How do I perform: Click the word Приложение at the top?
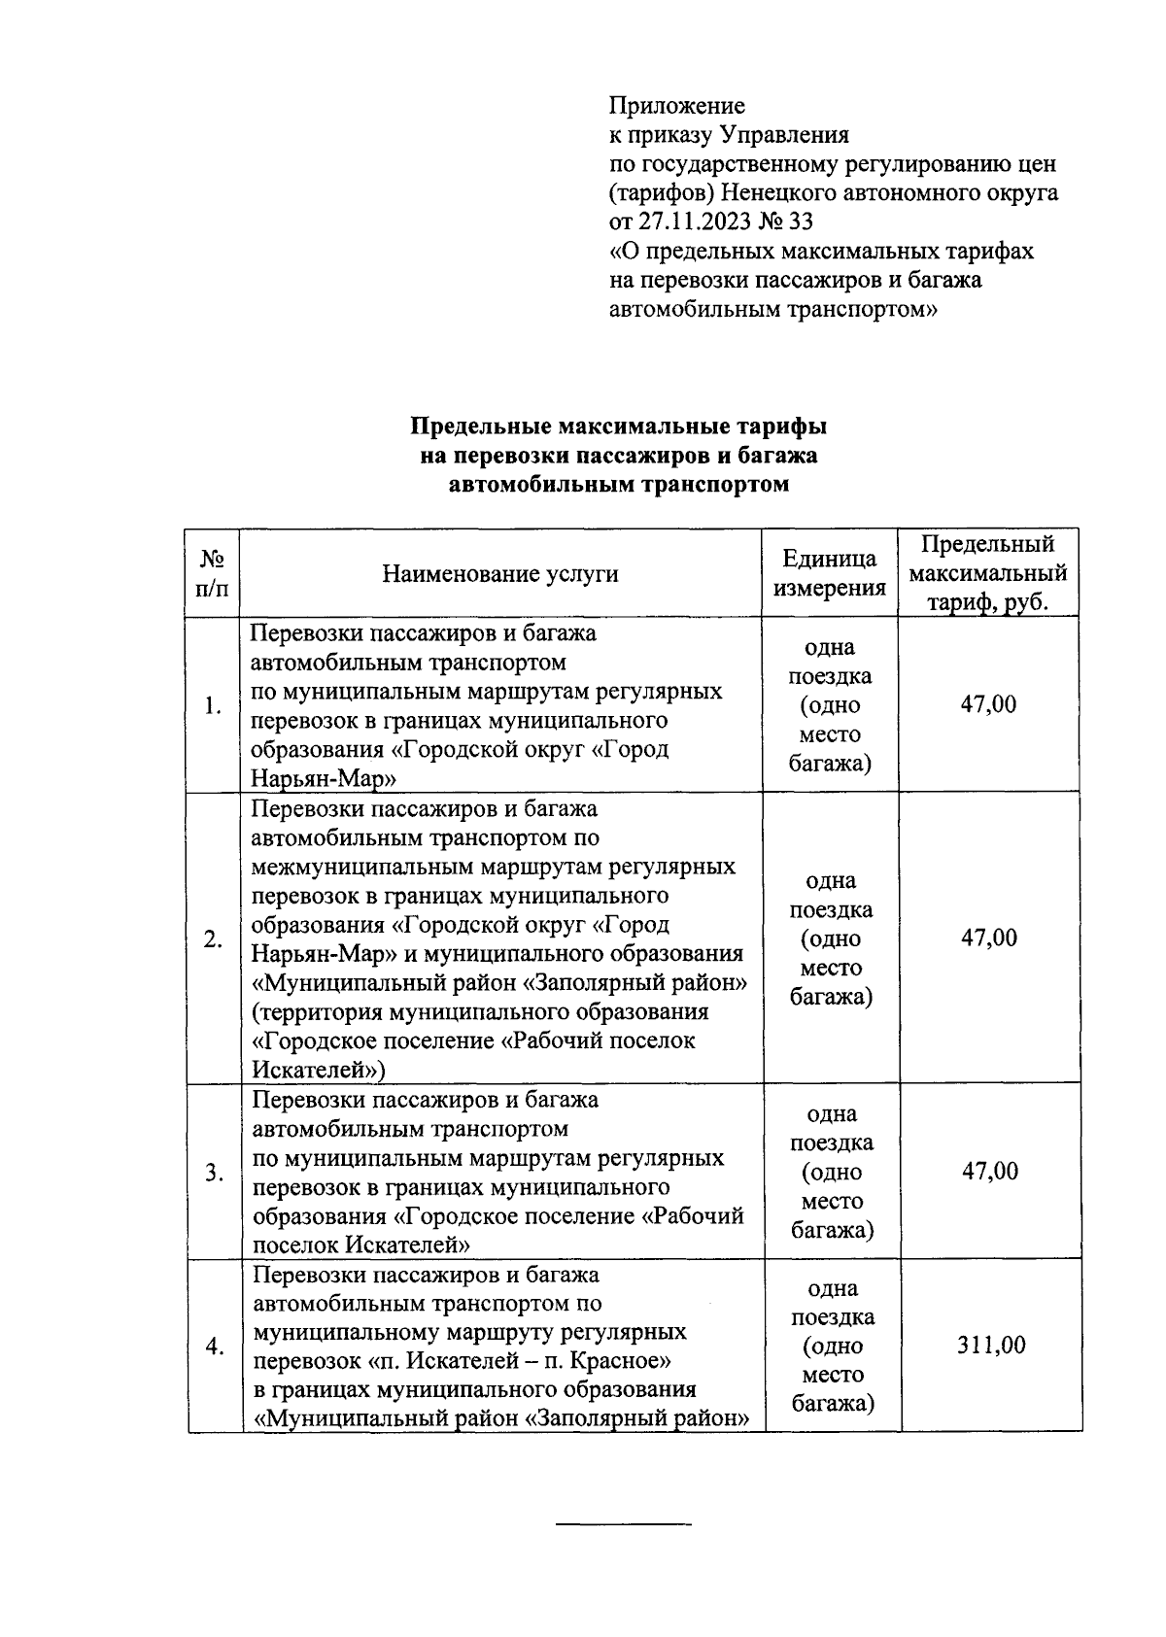click(676, 105)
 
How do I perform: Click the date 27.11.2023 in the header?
click(694, 222)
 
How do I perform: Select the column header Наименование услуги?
click(499, 573)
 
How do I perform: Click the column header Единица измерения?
click(829, 573)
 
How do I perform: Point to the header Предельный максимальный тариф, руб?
click(987, 573)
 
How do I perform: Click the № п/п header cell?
click(213, 573)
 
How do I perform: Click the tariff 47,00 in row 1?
click(988, 704)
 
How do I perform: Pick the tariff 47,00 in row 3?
click(989, 1171)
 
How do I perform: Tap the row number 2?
click(213, 938)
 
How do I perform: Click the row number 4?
click(214, 1347)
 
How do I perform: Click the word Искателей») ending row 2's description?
click(319, 1071)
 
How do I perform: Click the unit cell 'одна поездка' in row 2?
click(830, 896)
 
